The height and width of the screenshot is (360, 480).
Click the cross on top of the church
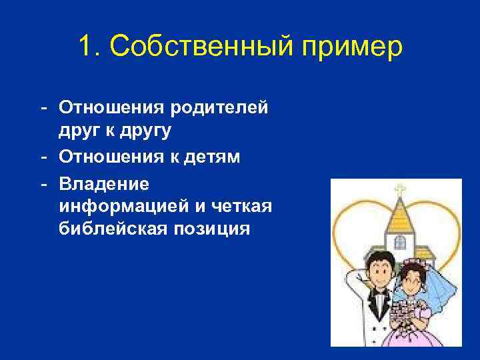[x=399, y=189]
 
